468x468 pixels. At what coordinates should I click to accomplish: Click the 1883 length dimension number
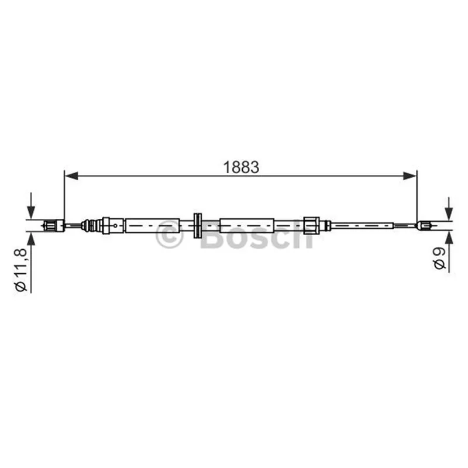coord(241,167)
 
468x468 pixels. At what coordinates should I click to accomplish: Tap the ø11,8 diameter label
coord(21,270)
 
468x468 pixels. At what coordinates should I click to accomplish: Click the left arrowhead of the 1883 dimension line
coord(71,176)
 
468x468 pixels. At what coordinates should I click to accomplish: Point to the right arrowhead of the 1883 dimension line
coord(409,176)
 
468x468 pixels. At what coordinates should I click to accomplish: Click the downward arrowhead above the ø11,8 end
coord(31,212)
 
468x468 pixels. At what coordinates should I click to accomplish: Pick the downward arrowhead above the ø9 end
coord(449,214)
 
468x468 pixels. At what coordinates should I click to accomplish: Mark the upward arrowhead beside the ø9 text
coord(449,238)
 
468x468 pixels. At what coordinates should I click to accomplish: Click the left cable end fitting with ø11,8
coord(54,225)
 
